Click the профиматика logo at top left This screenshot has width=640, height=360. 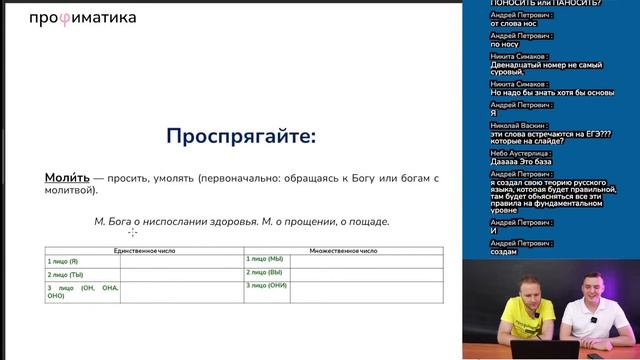click(82, 17)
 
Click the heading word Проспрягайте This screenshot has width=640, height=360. click(225, 135)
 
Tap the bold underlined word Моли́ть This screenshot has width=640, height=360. click(66, 177)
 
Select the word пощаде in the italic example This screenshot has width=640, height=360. click(365, 221)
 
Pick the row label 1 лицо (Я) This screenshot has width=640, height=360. click(63, 261)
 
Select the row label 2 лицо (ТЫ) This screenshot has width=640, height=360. click(65, 274)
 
